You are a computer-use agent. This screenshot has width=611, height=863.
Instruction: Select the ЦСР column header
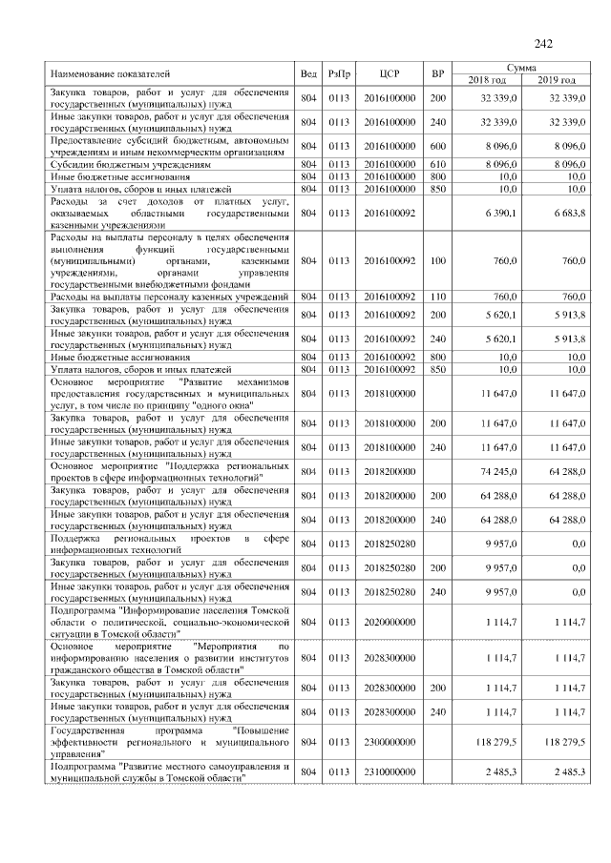tap(389, 73)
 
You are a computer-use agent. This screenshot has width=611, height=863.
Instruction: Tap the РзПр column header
tap(339, 73)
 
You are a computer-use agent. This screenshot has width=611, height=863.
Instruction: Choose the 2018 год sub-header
tap(487, 79)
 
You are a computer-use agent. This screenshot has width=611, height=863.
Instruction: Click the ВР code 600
tap(438, 147)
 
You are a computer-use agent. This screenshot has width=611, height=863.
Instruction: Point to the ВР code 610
tap(438, 164)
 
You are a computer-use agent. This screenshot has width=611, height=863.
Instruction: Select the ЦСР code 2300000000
tap(390, 740)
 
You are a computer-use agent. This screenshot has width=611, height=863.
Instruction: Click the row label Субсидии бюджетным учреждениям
tap(116, 164)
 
